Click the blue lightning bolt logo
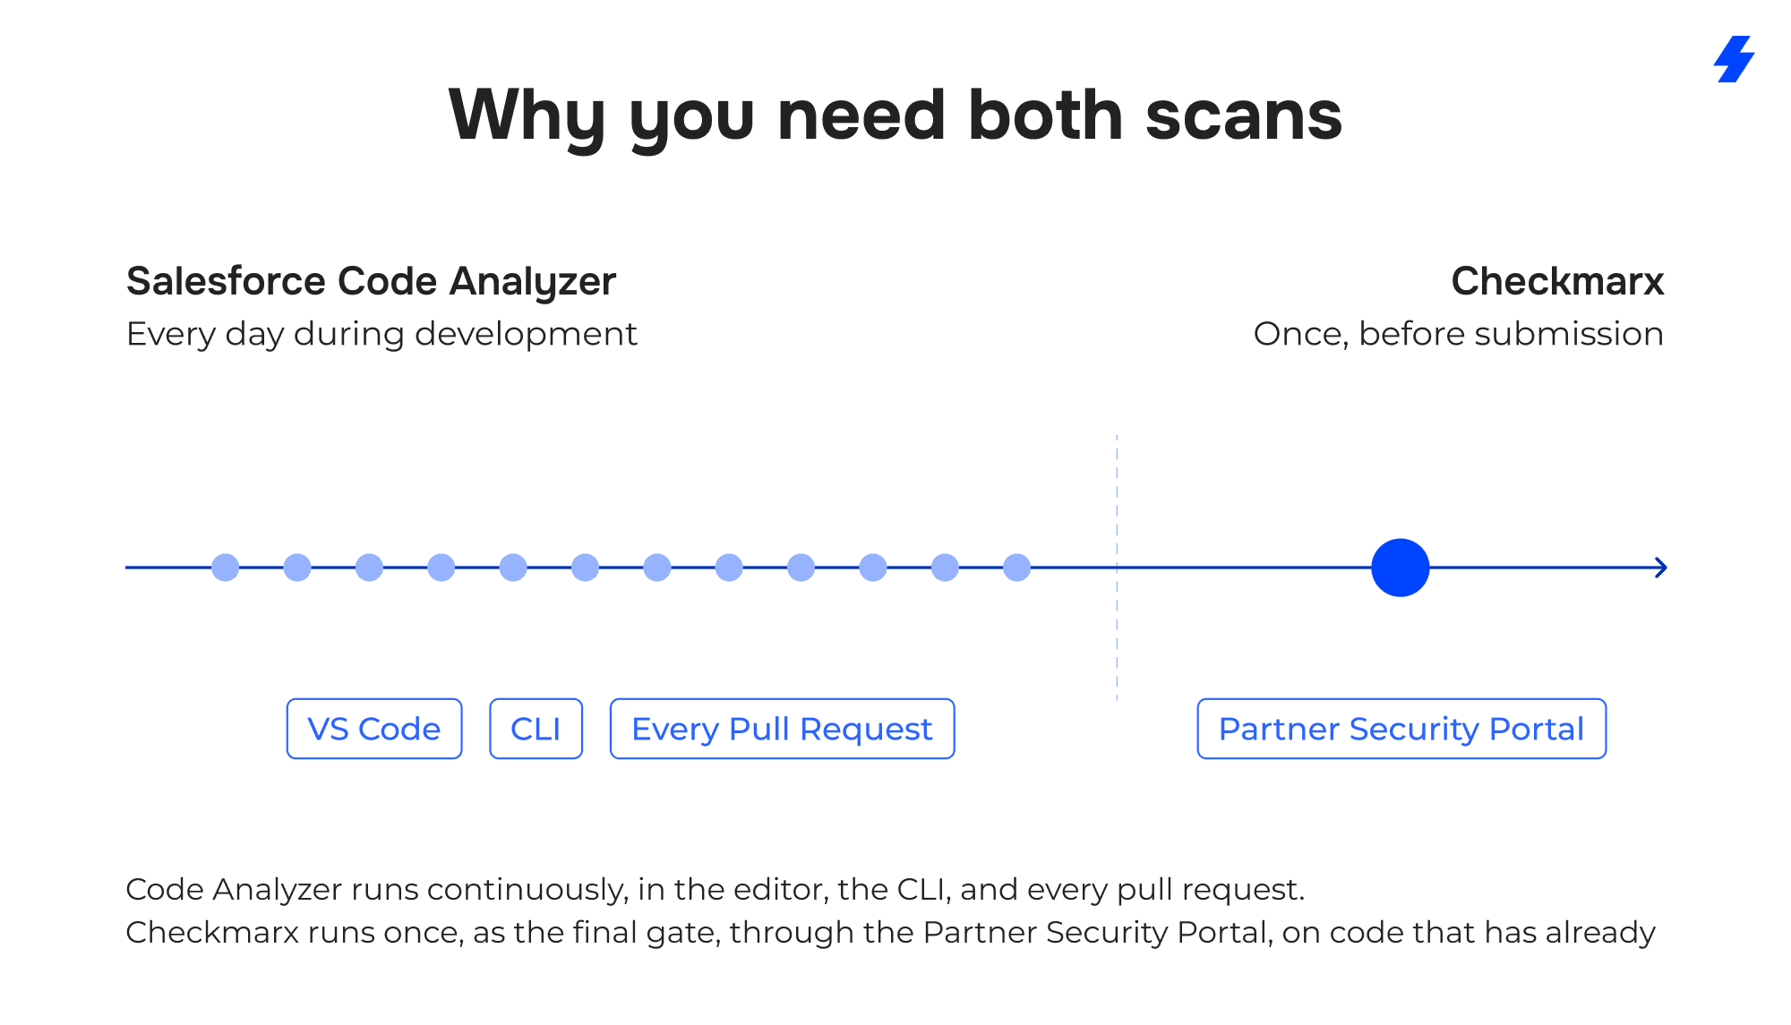coord(1735,59)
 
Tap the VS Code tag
coord(374,729)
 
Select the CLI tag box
coord(536,729)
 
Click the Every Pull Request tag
coord(783,729)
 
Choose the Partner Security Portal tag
coord(1401,729)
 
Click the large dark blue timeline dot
coord(1401,568)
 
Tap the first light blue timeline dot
coord(226,568)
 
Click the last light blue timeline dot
coord(1017,568)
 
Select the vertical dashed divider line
coord(1117,568)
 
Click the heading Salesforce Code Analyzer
coord(372,282)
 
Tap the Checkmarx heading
coord(1557,281)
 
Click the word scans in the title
coord(1244,116)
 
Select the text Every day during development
coord(381,335)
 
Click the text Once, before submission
coord(1459,334)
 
